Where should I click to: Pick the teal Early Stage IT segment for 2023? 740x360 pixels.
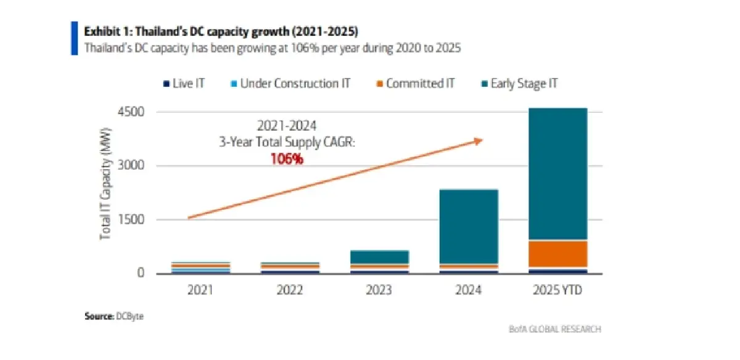tap(380, 257)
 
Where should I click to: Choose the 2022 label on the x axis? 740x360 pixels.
tap(290, 290)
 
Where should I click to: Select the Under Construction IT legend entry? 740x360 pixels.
tap(290, 83)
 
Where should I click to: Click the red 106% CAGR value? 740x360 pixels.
tap(287, 159)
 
